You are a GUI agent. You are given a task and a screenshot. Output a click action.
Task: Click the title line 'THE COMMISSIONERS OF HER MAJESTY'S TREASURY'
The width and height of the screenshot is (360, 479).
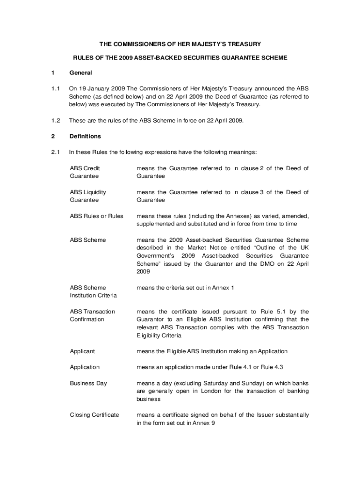pyautogui.click(x=180, y=44)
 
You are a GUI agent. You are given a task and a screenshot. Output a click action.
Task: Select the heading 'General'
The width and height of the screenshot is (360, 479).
pyautogui.click(x=80, y=73)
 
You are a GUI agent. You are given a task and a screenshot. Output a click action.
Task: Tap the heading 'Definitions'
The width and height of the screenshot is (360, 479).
pyautogui.click(x=85, y=137)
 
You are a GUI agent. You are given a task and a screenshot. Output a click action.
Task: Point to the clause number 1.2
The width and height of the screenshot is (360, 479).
pyautogui.click(x=56, y=121)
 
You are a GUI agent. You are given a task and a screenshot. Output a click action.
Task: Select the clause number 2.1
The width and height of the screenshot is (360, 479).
pyautogui.click(x=56, y=152)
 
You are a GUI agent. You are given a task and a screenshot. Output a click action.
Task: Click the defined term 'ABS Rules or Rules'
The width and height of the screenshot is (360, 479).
pyautogui.click(x=96, y=216)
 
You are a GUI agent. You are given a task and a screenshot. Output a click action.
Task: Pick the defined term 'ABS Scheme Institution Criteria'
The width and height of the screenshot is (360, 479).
pyautogui.click(x=93, y=291)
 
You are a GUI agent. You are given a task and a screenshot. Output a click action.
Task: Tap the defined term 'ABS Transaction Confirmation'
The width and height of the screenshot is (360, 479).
pyautogui.click(x=92, y=315)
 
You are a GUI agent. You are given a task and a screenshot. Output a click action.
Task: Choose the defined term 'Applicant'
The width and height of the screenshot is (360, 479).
pyautogui.click(x=82, y=351)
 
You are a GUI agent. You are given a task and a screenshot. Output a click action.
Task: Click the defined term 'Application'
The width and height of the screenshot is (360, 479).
pyautogui.click(x=85, y=367)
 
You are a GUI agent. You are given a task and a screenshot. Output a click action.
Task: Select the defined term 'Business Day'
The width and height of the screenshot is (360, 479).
pyautogui.click(x=88, y=384)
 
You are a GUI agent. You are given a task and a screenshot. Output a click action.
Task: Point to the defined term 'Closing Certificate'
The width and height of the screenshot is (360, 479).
pyautogui.click(x=94, y=415)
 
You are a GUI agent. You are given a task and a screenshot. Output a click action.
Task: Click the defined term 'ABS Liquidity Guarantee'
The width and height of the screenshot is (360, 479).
pyautogui.click(x=88, y=196)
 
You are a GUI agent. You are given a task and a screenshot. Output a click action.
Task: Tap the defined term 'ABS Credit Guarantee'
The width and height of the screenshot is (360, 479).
pyautogui.click(x=85, y=172)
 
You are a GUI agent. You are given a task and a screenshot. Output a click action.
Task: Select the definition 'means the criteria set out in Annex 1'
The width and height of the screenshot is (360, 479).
pyautogui.click(x=185, y=288)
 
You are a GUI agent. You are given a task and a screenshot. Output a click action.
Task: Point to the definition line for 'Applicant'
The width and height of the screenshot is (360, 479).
pyautogui.click(x=212, y=351)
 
